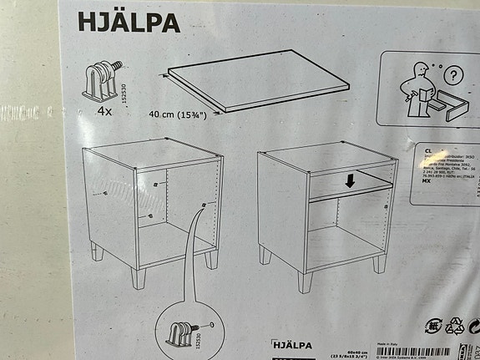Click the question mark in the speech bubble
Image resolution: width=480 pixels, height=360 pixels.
(452, 76)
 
